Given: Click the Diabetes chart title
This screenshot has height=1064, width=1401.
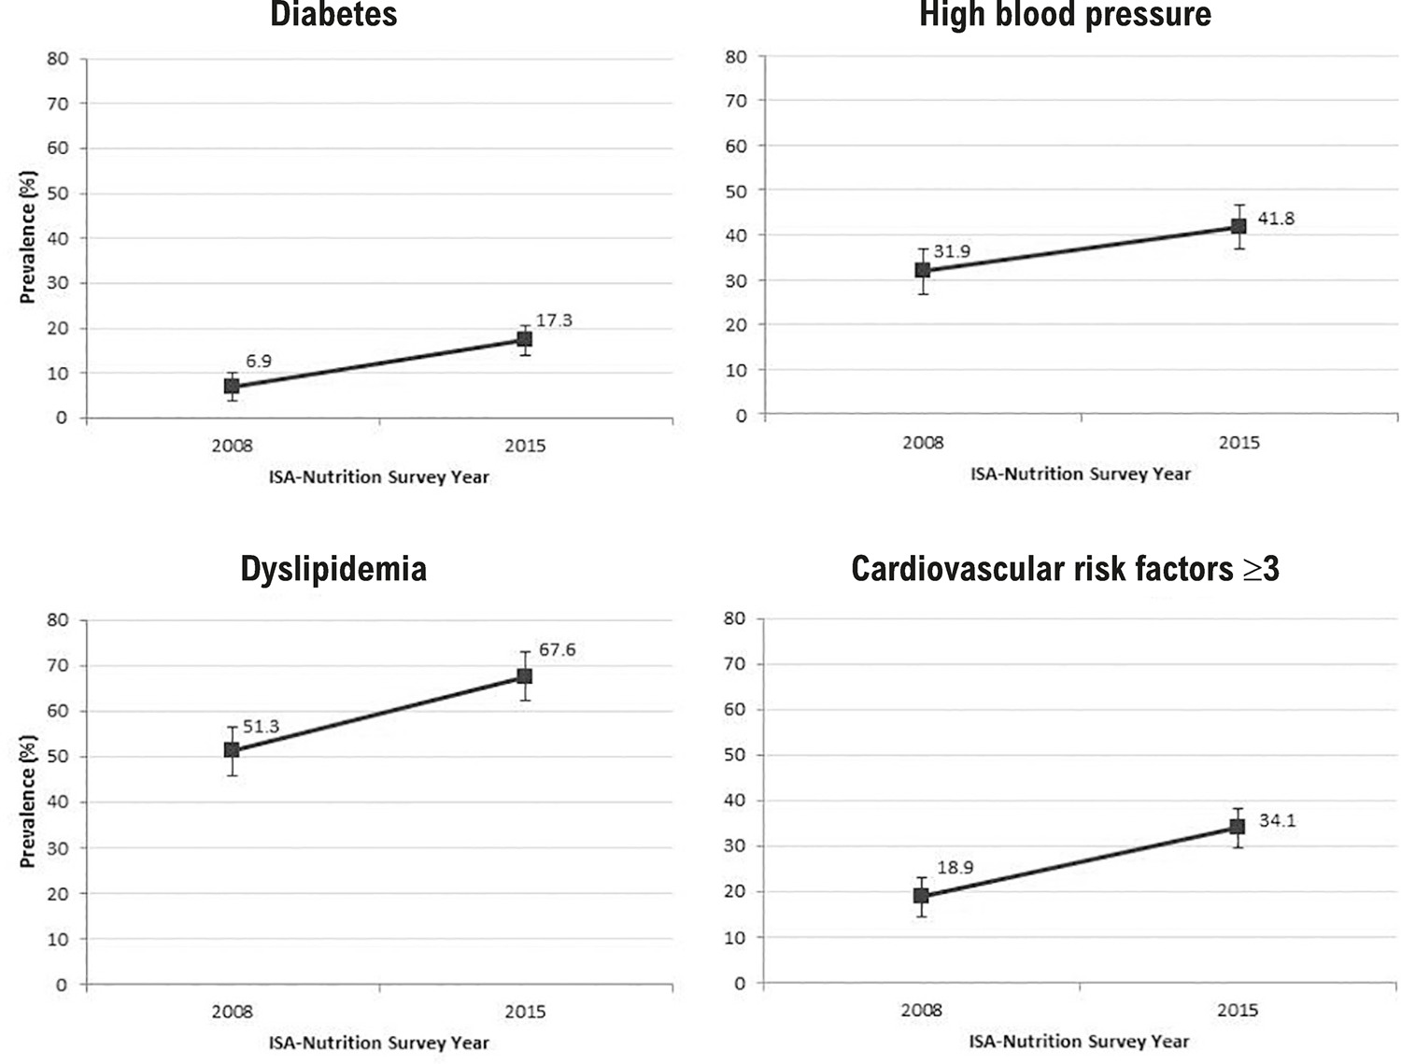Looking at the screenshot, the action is click(333, 13).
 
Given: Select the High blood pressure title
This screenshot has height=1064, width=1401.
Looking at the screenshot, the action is click(1065, 14).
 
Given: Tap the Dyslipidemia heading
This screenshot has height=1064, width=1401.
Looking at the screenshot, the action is click(333, 569).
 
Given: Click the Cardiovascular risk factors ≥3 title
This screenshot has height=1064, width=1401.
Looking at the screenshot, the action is click(1066, 568).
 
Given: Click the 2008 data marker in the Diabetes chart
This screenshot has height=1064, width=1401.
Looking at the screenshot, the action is click(232, 386).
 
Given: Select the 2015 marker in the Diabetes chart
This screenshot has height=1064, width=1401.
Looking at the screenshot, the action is click(524, 339).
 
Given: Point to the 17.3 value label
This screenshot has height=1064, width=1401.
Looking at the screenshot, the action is click(554, 320).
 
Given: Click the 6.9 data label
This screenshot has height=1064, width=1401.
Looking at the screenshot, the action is click(259, 362).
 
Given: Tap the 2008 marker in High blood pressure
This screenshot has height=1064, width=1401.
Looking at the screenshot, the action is click(923, 270).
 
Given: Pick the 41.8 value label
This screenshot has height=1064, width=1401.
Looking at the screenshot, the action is click(1276, 219).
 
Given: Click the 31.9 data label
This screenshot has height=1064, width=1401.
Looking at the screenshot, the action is click(952, 251).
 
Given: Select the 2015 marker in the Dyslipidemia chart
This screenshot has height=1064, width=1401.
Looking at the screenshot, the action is click(524, 676).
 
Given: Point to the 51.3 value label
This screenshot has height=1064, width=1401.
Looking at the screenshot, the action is click(261, 727).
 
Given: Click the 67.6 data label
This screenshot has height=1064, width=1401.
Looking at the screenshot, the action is click(558, 650).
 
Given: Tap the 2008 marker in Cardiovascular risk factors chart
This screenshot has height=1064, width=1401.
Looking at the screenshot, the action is click(921, 896).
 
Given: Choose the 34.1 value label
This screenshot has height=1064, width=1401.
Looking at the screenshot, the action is click(1277, 820).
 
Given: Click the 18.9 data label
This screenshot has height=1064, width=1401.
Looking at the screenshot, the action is click(955, 868).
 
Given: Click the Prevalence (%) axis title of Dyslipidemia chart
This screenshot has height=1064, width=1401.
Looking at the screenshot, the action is click(28, 802).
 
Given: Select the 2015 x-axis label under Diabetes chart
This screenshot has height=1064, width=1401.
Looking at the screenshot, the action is click(525, 446).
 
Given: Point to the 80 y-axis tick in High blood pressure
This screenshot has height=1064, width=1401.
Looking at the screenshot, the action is click(736, 57).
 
